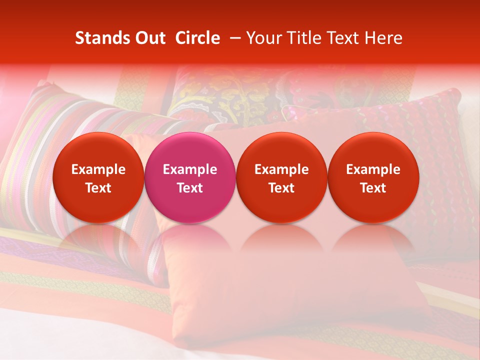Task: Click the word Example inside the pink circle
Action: point(190,169)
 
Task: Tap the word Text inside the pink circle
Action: point(190,188)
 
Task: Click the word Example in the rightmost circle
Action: point(373,169)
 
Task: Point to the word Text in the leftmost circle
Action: point(98,188)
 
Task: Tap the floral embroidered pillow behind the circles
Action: point(225,95)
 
